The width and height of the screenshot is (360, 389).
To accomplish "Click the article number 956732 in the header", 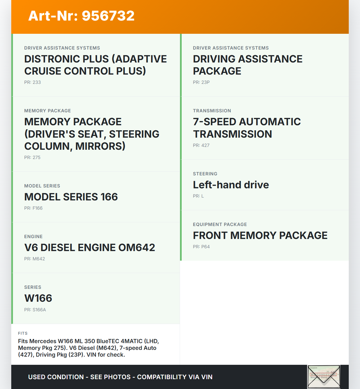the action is [x=108, y=16].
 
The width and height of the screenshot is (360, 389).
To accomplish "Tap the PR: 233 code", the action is [x=33, y=82].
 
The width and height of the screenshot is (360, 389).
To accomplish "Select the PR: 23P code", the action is [x=201, y=82].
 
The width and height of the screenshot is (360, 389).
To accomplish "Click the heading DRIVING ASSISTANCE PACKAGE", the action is [x=247, y=65].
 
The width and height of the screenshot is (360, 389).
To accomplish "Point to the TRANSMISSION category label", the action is [x=212, y=111].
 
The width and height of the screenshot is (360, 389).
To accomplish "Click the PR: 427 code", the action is [x=201, y=145].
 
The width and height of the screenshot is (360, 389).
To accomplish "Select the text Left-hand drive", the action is [x=231, y=185].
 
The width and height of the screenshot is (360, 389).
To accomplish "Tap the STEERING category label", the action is [x=205, y=174].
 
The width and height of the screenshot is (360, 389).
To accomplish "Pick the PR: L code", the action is [x=198, y=196].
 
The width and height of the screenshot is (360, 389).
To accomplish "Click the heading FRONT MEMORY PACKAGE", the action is [x=260, y=235].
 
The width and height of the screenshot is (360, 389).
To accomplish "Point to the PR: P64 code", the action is [x=201, y=247].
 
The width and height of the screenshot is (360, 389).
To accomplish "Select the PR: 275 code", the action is [x=32, y=157].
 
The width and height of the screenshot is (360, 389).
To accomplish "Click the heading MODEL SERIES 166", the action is [x=71, y=197].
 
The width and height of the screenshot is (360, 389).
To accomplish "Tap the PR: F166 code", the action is [x=33, y=208].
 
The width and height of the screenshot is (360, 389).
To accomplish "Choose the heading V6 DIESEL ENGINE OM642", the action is [x=90, y=247].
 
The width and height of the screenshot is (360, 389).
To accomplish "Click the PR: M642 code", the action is [x=35, y=259].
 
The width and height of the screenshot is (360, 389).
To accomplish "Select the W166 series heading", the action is [x=38, y=298].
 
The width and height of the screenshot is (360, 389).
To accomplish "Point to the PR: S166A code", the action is [x=35, y=310].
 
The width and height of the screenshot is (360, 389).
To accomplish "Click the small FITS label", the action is [x=23, y=333].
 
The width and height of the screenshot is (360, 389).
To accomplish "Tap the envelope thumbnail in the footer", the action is [x=324, y=377].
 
